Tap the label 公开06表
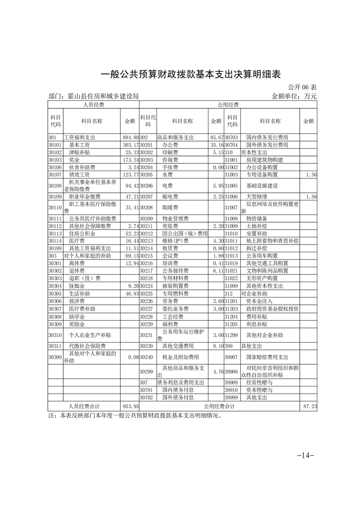click(x=302, y=87)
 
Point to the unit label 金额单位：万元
click(x=294, y=96)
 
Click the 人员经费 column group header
click(x=93, y=105)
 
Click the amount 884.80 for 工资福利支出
click(x=131, y=137)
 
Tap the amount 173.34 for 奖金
click(x=131, y=160)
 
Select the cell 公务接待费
click(x=173, y=270)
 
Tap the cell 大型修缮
click(x=257, y=196)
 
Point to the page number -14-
click(x=305, y=455)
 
